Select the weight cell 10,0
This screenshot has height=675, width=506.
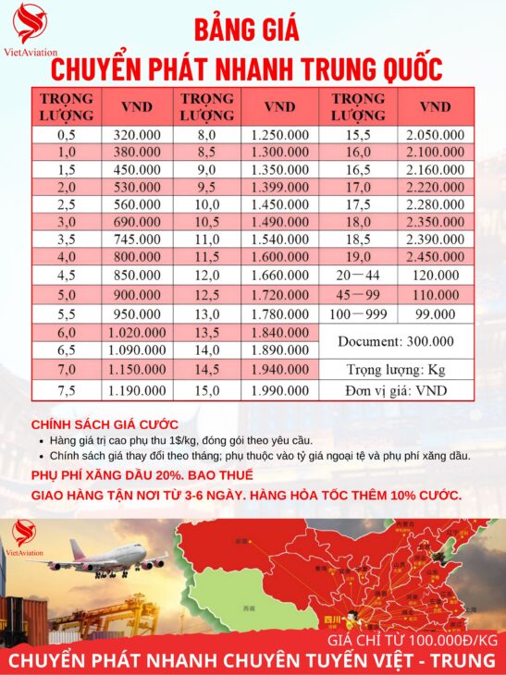tap(207, 203)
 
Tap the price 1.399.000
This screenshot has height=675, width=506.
tap(279, 187)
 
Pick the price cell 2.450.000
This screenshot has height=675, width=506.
tap(435, 257)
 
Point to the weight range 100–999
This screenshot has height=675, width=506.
tap(358, 313)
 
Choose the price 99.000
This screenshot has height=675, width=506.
tap(435, 313)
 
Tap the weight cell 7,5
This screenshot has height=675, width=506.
tap(67, 390)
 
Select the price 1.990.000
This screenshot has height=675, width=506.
tap(279, 390)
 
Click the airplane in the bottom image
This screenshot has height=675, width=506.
tap(107, 561)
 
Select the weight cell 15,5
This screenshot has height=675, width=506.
tap(358, 134)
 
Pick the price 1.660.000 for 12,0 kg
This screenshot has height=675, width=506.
tap(279, 275)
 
